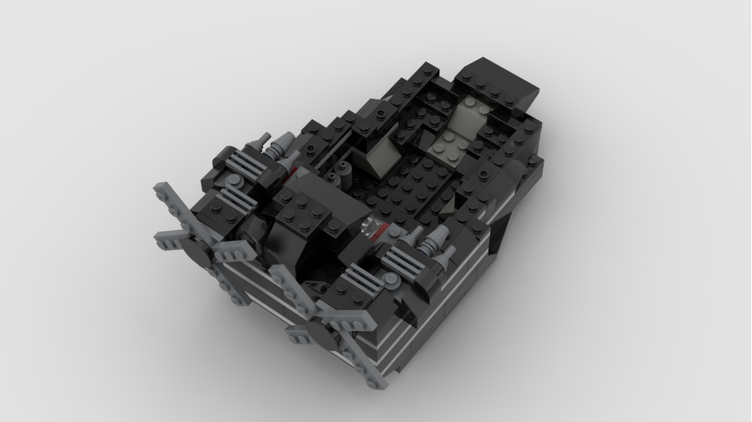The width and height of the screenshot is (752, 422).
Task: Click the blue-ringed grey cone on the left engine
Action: click(x=283, y=144)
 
